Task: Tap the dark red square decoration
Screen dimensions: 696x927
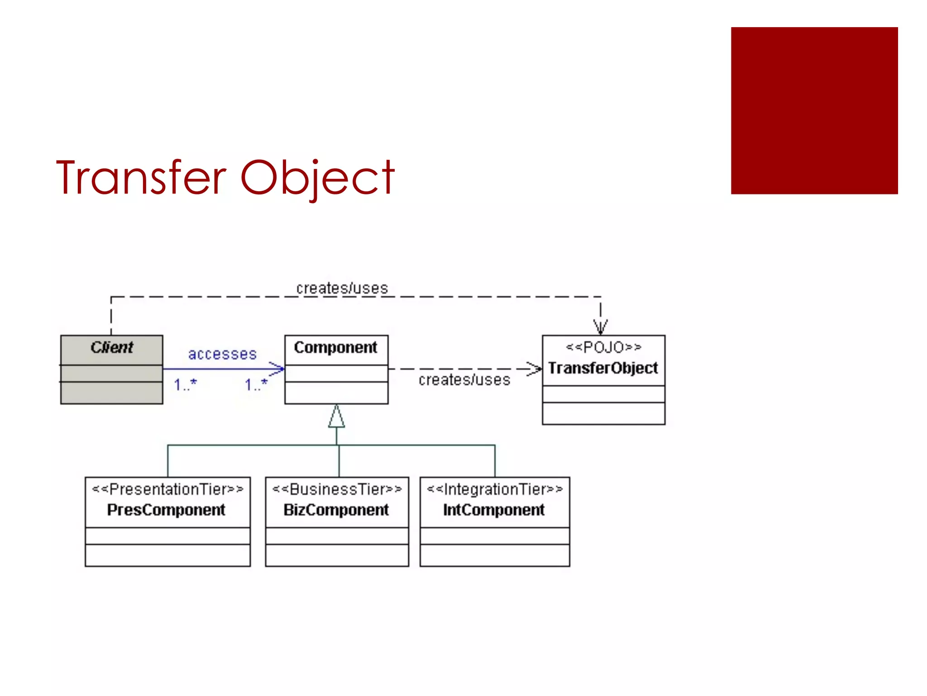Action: point(814,111)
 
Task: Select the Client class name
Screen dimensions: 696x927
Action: point(111,347)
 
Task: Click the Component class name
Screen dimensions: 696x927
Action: point(335,348)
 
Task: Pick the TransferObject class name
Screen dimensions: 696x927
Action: point(603,368)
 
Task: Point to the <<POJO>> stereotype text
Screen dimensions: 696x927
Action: point(603,347)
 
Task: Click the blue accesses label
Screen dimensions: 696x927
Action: point(222,354)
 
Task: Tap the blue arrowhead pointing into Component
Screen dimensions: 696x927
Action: point(277,369)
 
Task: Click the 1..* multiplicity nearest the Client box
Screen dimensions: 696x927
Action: point(185,385)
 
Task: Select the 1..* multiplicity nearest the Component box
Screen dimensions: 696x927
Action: point(256,385)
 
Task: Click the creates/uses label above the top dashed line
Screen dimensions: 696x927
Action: point(342,288)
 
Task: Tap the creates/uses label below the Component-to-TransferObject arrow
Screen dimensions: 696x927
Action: point(464,380)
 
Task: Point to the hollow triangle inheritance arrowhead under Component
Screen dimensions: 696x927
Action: point(336,417)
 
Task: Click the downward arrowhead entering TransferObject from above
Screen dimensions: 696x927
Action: point(601,327)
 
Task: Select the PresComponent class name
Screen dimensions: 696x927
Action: point(166,510)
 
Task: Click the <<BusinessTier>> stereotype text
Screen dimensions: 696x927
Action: point(337,489)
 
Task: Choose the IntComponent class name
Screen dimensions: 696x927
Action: point(494,510)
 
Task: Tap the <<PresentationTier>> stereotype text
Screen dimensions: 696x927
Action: point(167,489)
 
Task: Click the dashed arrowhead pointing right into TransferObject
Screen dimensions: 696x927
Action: point(535,369)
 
